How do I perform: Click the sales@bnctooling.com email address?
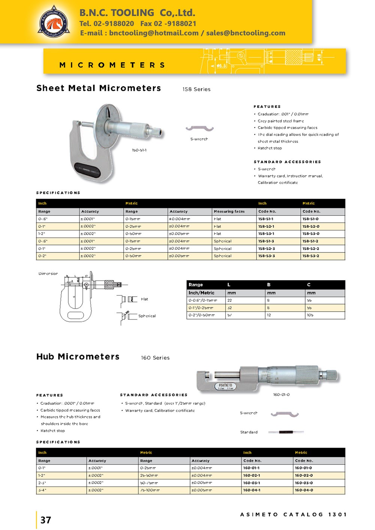coord(246,33)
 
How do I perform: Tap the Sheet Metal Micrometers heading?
coord(99,88)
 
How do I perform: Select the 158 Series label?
coord(196,90)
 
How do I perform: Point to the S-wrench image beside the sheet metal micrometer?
coord(199,129)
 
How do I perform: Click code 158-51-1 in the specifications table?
coord(266,219)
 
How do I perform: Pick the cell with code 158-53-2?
coord(311,256)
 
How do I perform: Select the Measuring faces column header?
coord(229,212)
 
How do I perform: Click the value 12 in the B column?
coord(269,315)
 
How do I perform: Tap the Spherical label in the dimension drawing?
coord(147,316)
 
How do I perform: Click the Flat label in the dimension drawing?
coord(144,299)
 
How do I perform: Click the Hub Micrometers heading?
coord(78,357)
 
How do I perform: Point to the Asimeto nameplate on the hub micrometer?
coord(225,386)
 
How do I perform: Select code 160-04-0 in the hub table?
coord(304,490)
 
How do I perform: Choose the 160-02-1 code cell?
coord(251,476)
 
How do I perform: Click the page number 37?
coord(46,520)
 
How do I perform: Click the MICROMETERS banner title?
coord(112,65)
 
